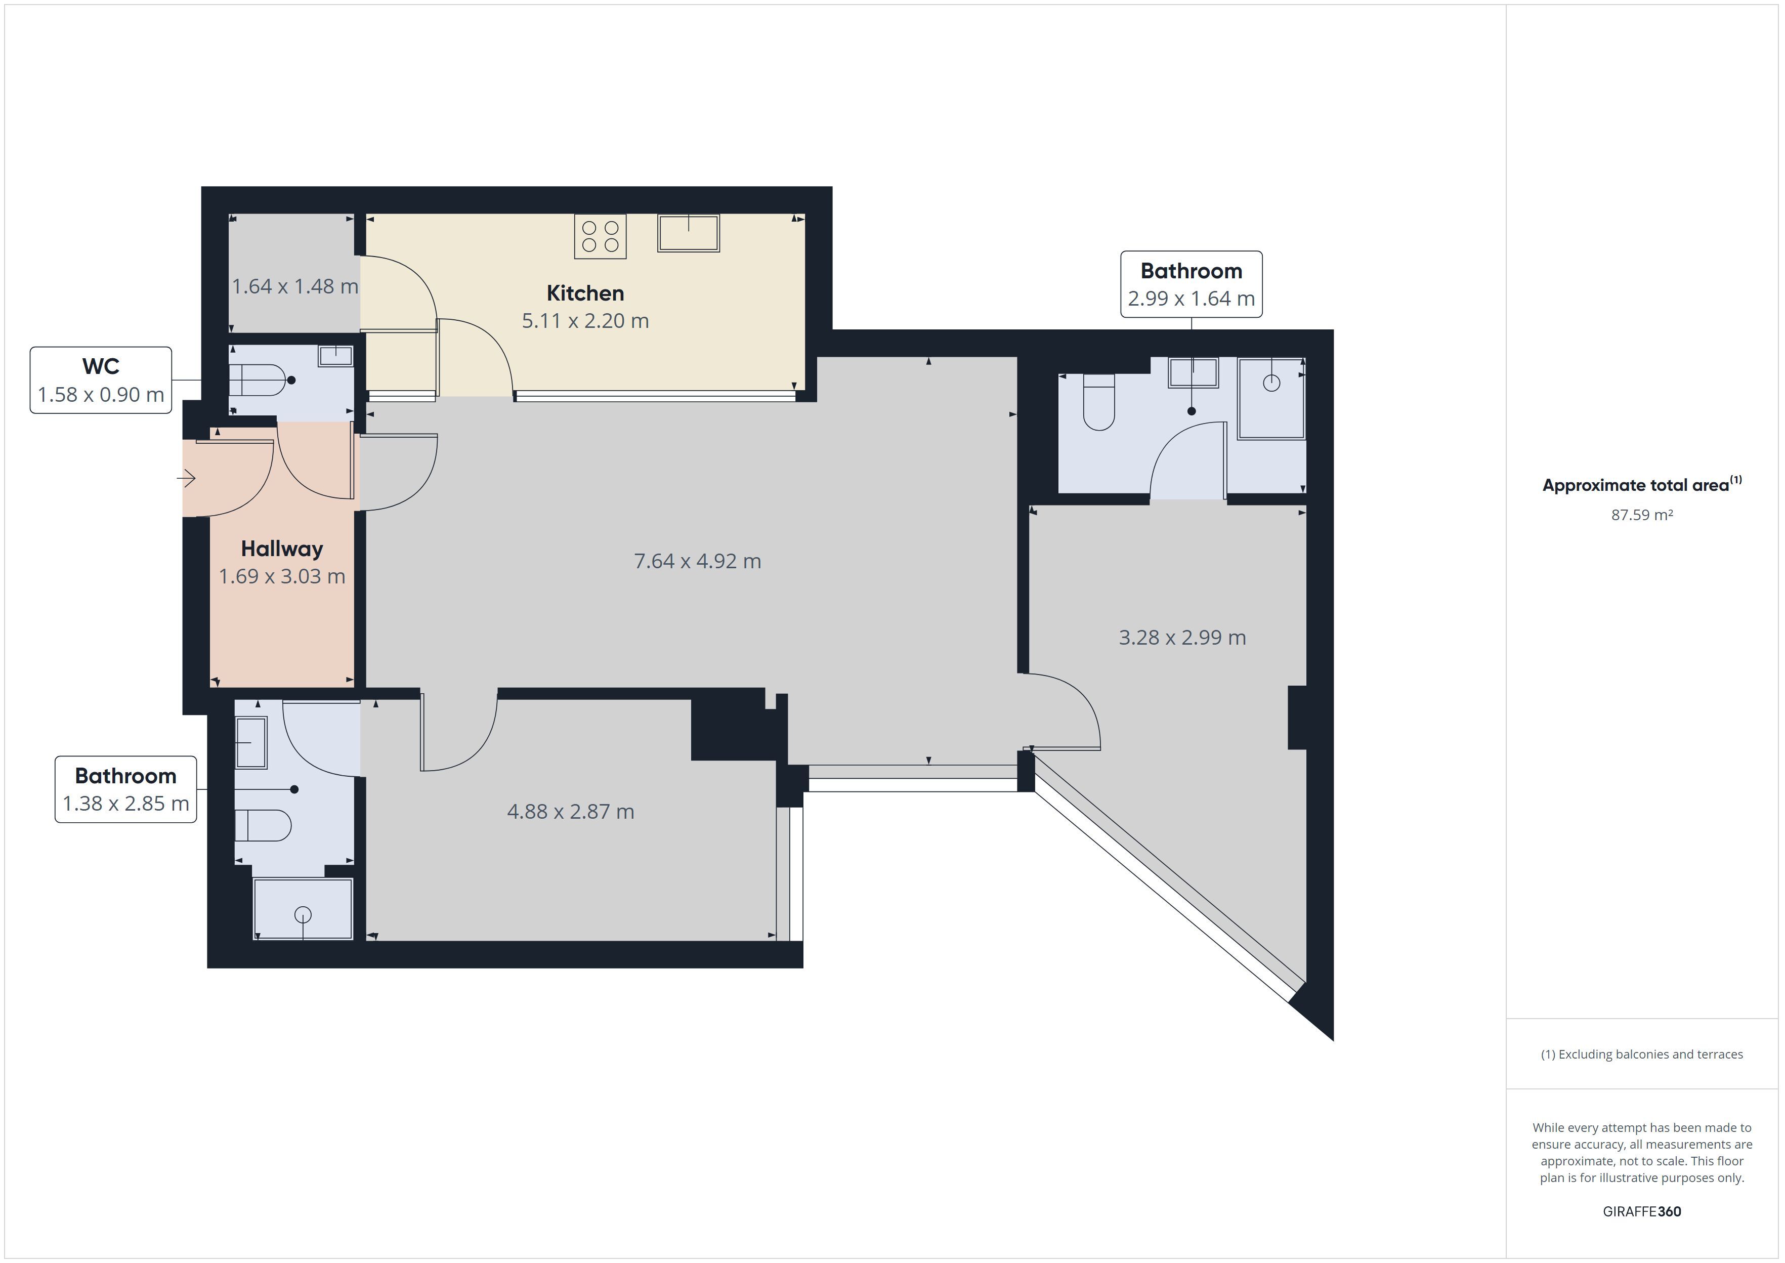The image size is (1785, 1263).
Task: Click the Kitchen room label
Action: pyautogui.click(x=585, y=293)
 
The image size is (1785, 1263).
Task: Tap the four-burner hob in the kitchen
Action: pyautogui.click(x=600, y=236)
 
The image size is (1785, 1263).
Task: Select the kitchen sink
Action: pyautogui.click(x=688, y=233)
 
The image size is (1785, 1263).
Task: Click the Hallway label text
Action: pyautogui.click(x=281, y=549)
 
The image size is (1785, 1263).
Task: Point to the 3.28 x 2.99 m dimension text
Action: pyautogui.click(x=1182, y=638)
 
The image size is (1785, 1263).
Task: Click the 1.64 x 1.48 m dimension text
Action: pyautogui.click(x=294, y=286)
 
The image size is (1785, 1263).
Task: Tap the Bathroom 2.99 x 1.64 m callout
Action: pyautogui.click(x=1191, y=284)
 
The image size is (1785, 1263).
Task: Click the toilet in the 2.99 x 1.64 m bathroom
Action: pyautogui.click(x=1098, y=402)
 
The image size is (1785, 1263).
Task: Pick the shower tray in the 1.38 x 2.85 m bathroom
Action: pyautogui.click(x=303, y=909)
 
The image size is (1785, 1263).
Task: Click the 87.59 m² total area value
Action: pyautogui.click(x=1642, y=515)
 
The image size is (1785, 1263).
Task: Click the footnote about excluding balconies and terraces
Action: pyautogui.click(x=1642, y=1055)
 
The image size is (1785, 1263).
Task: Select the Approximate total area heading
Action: pyautogui.click(x=1642, y=485)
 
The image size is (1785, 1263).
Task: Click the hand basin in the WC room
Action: pyautogui.click(x=335, y=356)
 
